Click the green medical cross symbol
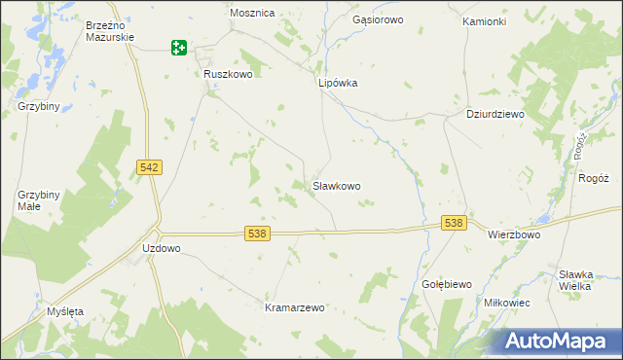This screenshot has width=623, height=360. (x=179, y=47)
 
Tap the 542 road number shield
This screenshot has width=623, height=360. (x=150, y=168)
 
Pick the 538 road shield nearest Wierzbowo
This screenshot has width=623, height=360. (x=453, y=224)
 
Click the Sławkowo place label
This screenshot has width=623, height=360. (x=337, y=185)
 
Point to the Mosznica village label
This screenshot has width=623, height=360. (x=252, y=14)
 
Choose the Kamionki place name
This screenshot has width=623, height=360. (x=484, y=21)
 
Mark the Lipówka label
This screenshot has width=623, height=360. (x=339, y=84)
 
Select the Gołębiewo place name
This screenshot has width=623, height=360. (x=447, y=284)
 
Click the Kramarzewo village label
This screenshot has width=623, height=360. (x=295, y=307)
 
